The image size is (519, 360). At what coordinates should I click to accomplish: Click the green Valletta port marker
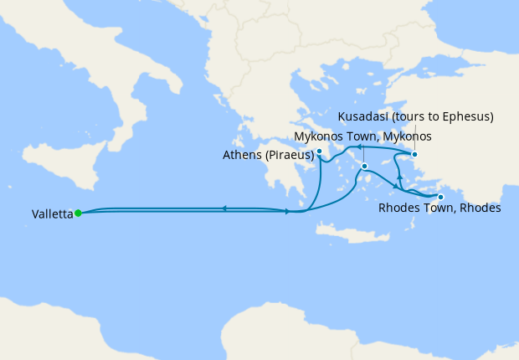pos(78,213)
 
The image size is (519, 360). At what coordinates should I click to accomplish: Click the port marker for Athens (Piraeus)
pos(320,152)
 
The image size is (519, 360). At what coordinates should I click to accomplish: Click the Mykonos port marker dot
pos(366,167)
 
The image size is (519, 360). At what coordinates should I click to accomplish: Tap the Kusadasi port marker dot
pos(414,154)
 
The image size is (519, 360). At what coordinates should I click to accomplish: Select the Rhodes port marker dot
pos(441,197)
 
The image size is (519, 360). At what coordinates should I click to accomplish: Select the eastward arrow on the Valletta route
pos(288,211)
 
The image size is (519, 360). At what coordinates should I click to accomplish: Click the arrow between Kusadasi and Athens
pos(360,147)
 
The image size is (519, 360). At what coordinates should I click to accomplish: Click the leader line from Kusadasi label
pos(414,138)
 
